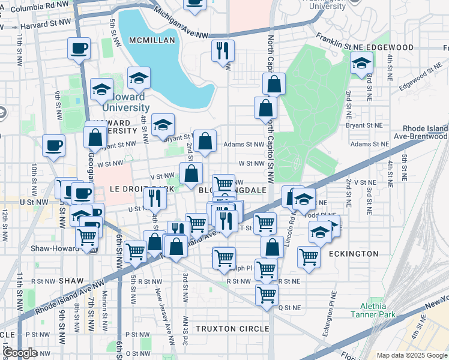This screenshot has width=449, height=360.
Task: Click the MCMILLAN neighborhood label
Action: click(x=151, y=40)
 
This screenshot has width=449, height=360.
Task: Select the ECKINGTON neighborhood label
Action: click(x=354, y=254)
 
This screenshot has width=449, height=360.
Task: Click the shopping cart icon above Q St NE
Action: click(x=267, y=294)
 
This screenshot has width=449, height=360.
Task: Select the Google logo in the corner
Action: click(x=19, y=353)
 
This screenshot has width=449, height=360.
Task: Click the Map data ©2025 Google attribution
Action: click(x=411, y=355)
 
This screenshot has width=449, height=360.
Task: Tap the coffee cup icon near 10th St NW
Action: click(x=54, y=145)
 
